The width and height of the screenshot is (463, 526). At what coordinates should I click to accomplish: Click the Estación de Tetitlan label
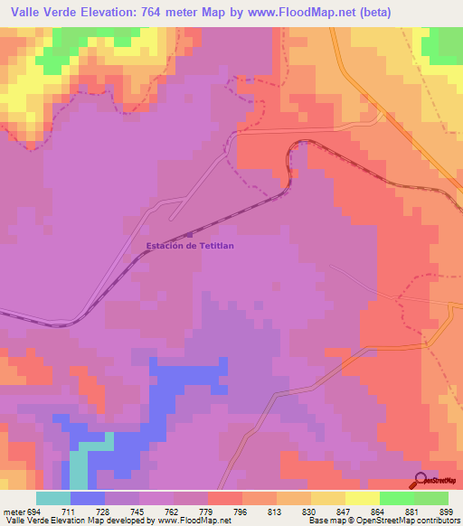point(190,246)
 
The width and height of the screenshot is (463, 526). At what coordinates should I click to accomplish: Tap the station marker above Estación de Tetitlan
point(188,234)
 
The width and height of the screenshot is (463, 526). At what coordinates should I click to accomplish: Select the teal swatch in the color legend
point(53,497)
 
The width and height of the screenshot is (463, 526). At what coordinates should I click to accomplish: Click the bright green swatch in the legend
point(397,497)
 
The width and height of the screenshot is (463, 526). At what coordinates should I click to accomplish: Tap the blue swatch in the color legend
point(88,497)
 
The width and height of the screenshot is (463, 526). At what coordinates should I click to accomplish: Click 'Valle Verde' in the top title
point(40,12)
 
